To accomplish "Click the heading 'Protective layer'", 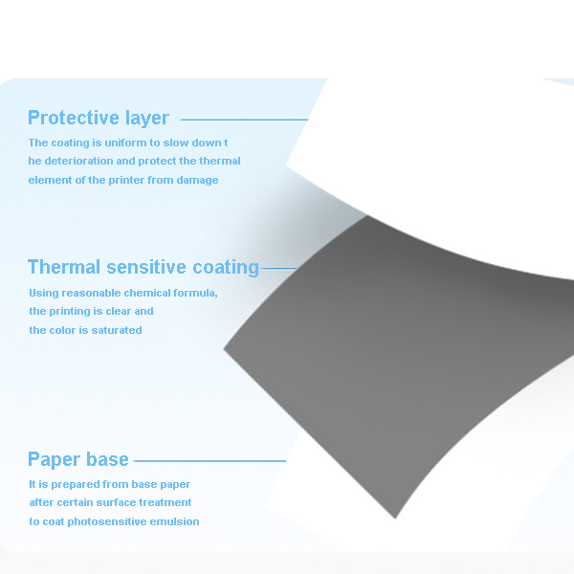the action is (x=99, y=118).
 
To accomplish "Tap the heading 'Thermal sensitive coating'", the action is (x=143, y=267).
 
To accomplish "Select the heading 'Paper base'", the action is (x=78, y=459).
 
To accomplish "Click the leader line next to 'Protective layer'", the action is (x=245, y=120).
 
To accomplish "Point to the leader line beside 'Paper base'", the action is (x=210, y=461).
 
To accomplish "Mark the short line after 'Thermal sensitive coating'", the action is (x=279, y=268).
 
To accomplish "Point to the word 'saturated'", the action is (x=117, y=330).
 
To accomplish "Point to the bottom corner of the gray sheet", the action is (x=395, y=519).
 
